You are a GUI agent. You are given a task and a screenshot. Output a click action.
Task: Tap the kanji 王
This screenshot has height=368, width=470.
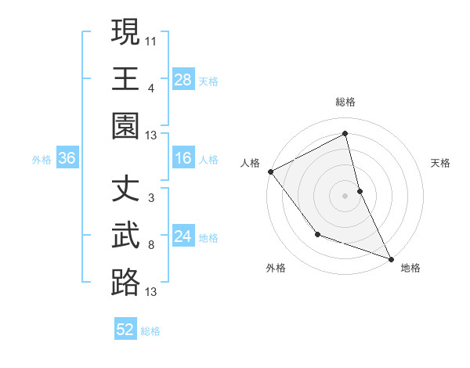click(x=125, y=78)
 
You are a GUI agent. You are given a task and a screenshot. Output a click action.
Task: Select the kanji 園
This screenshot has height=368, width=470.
click(x=125, y=125)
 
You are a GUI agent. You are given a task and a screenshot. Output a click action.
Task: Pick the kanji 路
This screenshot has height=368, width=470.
click(x=125, y=282)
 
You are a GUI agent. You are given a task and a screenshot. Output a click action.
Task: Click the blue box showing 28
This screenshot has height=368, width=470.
click(x=183, y=79)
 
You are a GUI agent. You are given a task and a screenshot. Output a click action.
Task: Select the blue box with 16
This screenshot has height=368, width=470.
click(x=183, y=159)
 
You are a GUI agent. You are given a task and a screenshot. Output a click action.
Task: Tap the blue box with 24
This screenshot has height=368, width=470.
click(x=183, y=236)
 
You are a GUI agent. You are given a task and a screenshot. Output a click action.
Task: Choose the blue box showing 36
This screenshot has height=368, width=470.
click(x=67, y=159)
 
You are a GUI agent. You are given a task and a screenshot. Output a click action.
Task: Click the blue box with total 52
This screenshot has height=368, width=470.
click(x=125, y=330)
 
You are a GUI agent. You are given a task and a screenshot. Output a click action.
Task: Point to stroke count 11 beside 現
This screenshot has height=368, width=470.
click(x=151, y=39)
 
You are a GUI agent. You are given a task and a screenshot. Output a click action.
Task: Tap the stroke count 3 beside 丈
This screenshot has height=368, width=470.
click(x=150, y=198)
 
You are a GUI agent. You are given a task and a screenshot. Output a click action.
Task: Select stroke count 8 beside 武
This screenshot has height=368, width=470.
click(x=150, y=245)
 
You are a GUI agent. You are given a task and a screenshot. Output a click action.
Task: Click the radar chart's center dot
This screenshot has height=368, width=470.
click(x=345, y=195)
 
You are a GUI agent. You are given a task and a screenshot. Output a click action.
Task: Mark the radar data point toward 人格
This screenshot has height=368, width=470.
click(x=270, y=171)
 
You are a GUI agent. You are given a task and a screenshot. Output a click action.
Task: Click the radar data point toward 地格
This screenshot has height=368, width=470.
click(x=391, y=259)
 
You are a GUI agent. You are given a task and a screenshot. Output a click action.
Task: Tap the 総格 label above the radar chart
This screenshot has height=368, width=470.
click(x=345, y=102)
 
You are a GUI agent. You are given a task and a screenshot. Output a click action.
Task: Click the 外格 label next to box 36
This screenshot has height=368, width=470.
click(x=42, y=160)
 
